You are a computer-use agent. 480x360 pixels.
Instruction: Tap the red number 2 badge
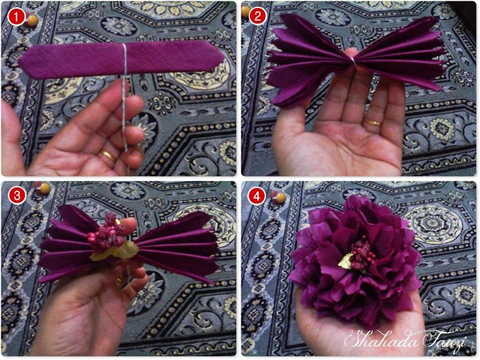tap(256, 17)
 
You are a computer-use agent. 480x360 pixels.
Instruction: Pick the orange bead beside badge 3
tap(44, 189)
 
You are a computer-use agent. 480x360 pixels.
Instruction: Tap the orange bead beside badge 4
tap(281, 198)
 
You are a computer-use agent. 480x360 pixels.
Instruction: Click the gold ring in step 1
tap(107, 156)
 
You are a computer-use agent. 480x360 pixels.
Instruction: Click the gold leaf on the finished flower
tap(347, 262)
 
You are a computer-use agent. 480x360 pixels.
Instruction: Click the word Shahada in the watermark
tap(377, 339)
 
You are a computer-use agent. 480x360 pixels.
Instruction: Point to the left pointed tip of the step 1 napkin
tap(21, 65)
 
